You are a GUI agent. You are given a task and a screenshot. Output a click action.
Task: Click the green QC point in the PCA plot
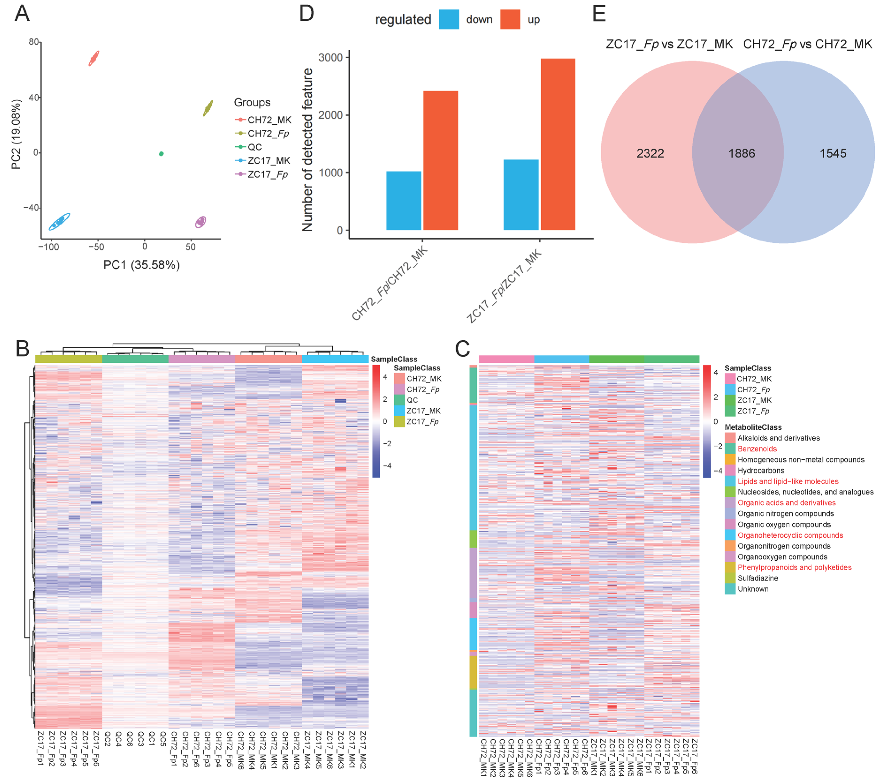tap(161, 154)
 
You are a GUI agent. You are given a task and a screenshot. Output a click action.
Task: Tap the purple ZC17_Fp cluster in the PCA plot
tap(201, 222)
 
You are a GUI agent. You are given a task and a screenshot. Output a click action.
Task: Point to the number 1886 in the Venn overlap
tap(742, 153)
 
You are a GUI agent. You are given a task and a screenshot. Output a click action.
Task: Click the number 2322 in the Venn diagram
tap(650, 153)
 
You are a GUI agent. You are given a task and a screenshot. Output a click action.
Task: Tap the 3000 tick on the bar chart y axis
tap(330, 57)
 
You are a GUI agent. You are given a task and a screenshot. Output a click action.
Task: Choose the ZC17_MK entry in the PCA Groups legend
tap(269, 161)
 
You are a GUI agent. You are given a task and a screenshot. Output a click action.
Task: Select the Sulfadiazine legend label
tap(758, 578)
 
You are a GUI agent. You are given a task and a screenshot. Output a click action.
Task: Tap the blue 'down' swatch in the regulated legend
tap(449, 20)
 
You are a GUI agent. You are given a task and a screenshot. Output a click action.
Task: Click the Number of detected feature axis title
tap(307, 149)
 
